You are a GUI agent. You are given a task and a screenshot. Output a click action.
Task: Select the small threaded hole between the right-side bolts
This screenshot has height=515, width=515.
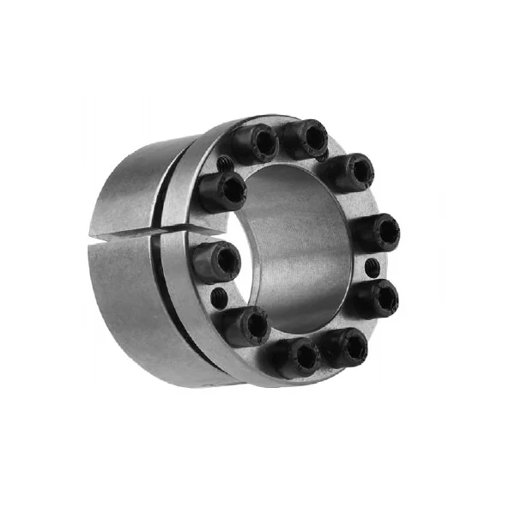pyautogui.click(x=371, y=268)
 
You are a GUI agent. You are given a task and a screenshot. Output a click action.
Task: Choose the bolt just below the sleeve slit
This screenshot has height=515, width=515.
pyautogui.click(x=217, y=257)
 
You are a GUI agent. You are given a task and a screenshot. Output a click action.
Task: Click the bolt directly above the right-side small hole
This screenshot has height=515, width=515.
pyautogui.click(x=378, y=231)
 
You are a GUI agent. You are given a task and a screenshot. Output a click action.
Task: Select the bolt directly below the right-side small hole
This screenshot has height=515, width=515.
pyautogui.click(x=378, y=298)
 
